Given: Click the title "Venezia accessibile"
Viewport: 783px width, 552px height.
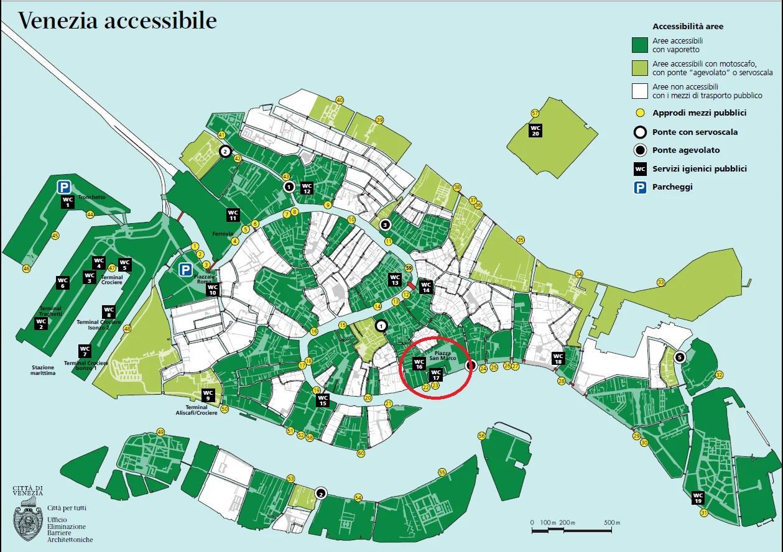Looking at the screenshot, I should click(x=118, y=21).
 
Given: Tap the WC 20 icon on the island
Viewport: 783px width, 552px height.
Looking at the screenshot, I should click(x=535, y=130).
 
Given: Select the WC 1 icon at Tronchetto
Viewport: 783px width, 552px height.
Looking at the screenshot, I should click(x=68, y=202).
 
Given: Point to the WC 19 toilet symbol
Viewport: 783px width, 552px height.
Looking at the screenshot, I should click(x=698, y=498).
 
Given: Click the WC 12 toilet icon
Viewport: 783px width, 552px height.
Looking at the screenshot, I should click(x=307, y=188).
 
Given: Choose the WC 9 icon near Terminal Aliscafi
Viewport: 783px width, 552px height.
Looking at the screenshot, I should click(x=208, y=395).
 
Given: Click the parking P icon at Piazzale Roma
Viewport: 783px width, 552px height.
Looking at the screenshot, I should click(x=185, y=269).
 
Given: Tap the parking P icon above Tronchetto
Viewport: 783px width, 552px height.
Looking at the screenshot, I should click(x=63, y=186).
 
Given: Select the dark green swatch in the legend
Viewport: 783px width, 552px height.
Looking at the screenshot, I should click(x=640, y=45).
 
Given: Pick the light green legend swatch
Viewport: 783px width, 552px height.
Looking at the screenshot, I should click(x=640, y=68).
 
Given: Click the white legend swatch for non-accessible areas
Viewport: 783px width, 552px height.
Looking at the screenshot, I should click(x=640, y=91).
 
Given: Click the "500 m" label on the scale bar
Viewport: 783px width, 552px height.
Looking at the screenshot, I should click(x=612, y=522).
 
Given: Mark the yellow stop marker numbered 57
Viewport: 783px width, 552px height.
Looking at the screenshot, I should click(x=534, y=113).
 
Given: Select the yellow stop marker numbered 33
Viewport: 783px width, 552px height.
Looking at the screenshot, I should click(x=660, y=282).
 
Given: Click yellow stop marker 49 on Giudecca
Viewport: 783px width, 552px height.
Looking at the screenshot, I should click(x=160, y=432).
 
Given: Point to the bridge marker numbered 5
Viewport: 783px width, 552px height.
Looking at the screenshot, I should click(x=680, y=357).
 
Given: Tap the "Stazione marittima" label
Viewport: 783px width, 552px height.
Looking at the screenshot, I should click(x=44, y=370).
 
